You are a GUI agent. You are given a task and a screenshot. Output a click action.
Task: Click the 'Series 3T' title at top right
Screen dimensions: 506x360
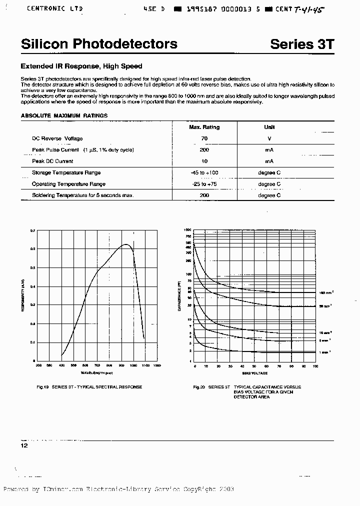click(x=301, y=44)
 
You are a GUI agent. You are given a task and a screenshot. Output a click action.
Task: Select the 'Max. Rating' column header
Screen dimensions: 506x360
click(x=204, y=127)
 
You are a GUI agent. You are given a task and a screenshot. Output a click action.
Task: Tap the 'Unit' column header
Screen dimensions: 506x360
click(x=269, y=127)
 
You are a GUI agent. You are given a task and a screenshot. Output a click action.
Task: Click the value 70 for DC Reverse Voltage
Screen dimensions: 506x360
click(x=204, y=138)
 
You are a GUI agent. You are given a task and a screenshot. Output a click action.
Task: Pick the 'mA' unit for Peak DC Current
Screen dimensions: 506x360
click(x=269, y=161)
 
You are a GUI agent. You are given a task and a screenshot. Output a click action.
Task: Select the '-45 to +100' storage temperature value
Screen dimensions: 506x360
click(x=204, y=172)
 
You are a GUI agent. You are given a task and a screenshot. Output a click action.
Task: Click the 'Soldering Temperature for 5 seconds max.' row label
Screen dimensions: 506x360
click(x=83, y=195)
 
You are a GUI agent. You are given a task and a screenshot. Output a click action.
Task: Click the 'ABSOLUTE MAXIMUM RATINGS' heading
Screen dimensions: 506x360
click(x=64, y=115)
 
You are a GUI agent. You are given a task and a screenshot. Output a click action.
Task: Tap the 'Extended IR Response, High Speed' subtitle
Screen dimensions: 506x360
click(x=81, y=66)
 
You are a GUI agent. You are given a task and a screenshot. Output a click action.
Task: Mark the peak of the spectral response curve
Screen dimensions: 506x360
click(x=126, y=244)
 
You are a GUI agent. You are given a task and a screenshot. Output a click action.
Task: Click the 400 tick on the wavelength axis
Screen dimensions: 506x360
click(x=61, y=365)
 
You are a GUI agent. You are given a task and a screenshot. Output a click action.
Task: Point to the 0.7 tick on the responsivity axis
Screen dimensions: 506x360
click(x=33, y=231)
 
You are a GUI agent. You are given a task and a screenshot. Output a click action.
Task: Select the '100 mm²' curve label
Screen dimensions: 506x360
click(x=325, y=292)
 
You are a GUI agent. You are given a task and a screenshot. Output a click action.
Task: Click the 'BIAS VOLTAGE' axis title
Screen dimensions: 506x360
click(x=254, y=373)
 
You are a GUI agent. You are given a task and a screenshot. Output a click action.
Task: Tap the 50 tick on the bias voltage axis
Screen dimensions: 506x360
click(x=255, y=366)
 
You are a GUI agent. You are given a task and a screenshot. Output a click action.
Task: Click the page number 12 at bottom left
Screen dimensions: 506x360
click(x=24, y=445)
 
